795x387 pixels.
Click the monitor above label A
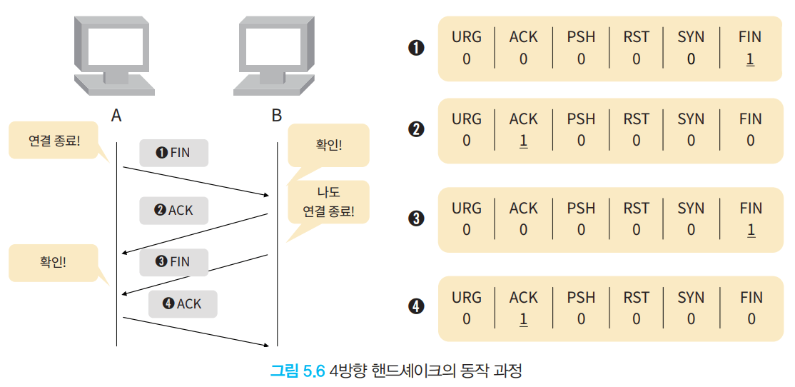[115, 56]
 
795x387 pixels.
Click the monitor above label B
[274, 56]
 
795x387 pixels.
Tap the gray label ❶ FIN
[174, 153]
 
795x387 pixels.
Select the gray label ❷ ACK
[174, 210]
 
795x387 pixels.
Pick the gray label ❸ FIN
[174, 262]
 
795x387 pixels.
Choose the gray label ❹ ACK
[183, 304]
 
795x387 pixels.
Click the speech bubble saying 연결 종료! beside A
[54, 141]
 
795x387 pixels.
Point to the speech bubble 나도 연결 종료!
[328, 202]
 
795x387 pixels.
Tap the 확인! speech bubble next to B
[328, 146]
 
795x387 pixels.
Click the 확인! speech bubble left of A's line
[54, 263]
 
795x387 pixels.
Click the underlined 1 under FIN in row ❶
[750, 60]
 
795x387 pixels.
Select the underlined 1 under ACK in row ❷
[523, 141]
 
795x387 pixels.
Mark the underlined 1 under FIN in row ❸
[750, 231]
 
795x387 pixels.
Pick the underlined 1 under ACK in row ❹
[523, 319]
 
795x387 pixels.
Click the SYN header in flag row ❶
[691, 36]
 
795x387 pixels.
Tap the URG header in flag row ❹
[467, 297]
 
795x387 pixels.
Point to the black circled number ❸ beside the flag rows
[416, 218]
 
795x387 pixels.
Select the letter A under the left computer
[116, 116]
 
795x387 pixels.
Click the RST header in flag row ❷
[637, 119]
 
